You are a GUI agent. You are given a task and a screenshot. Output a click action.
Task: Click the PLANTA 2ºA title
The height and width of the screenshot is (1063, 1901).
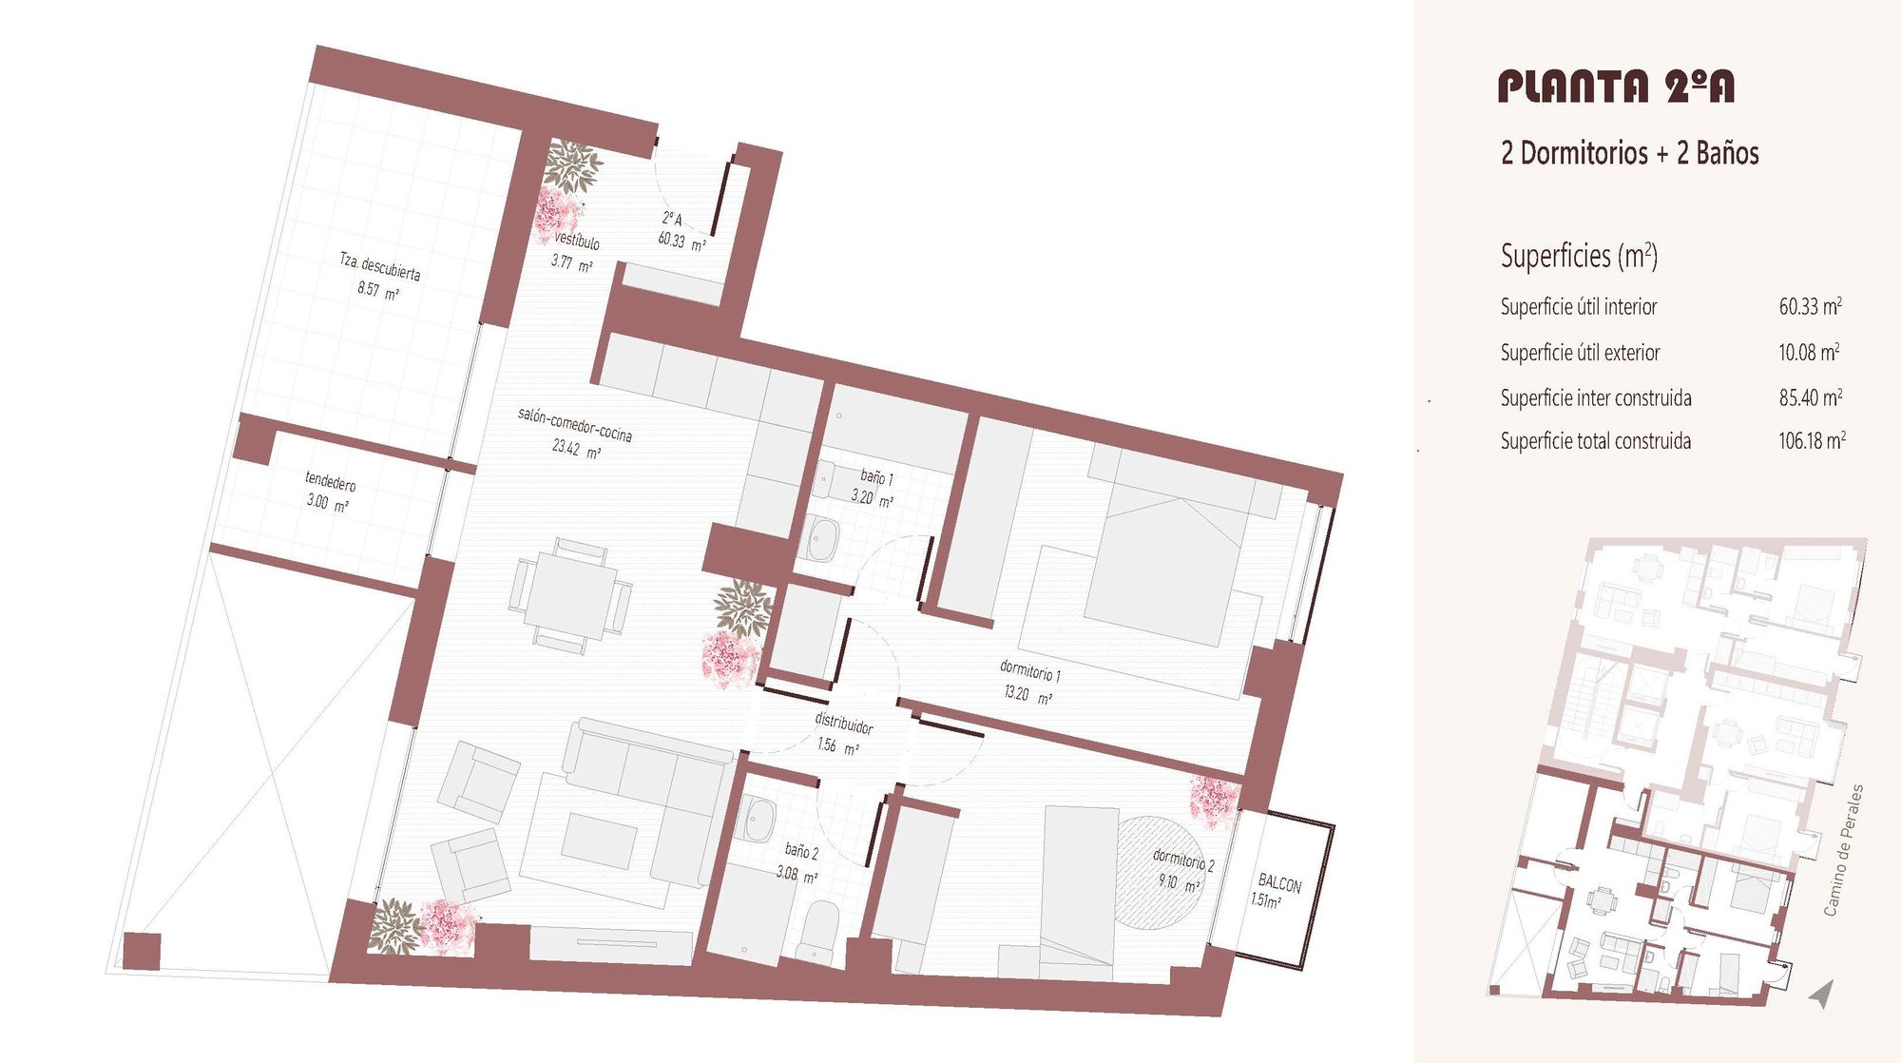(x=1616, y=87)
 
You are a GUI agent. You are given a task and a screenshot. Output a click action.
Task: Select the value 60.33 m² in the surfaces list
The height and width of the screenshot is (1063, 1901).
(x=1811, y=306)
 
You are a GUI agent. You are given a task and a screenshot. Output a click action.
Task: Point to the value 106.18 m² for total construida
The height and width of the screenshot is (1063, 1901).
(x=1812, y=440)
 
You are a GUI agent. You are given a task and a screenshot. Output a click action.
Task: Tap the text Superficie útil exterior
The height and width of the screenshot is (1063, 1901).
(x=1580, y=353)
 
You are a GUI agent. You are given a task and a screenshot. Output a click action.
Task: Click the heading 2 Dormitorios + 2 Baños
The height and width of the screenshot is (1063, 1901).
(x=1629, y=153)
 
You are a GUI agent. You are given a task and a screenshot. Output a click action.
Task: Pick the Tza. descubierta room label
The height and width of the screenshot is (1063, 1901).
(x=380, y=266)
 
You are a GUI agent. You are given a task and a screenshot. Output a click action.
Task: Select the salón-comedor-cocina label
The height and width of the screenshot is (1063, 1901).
(x=575, y=424)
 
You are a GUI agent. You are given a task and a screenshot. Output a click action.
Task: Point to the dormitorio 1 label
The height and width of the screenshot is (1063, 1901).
(x=1030, y=671)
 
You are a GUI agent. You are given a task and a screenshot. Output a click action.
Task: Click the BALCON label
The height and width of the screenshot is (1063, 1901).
(x=1279, y=883)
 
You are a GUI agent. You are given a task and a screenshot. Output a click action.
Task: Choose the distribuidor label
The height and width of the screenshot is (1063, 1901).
(x=844, y=723)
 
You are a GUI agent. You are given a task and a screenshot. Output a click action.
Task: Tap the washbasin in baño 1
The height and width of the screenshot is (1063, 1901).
(x=821, y=538)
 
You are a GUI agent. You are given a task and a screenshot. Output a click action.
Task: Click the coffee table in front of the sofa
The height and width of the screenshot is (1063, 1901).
(x=599, y=840)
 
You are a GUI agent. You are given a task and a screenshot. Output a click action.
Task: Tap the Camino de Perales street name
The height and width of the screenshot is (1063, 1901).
(x=1844, y=850)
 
